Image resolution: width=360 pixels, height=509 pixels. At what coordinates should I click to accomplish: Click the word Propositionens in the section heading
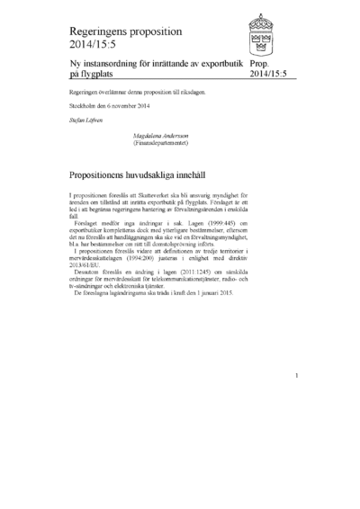coord(109,168)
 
